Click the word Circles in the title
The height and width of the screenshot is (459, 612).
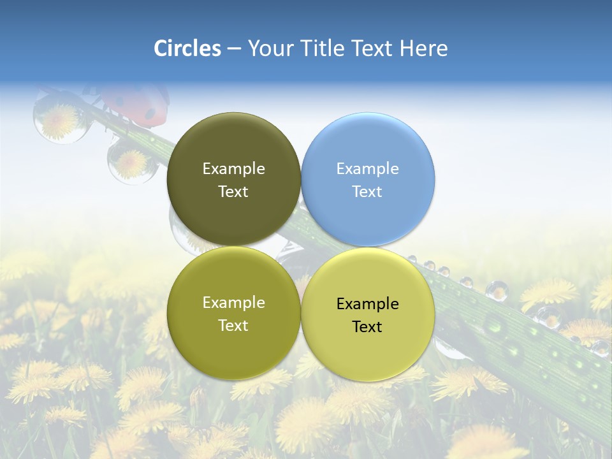pos(187,48)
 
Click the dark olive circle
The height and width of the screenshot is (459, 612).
pos(233,179)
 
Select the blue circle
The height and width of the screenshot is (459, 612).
pos(368,179)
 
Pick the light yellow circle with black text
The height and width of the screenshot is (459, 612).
pos(368,314)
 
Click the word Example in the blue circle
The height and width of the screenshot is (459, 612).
pos(368,168)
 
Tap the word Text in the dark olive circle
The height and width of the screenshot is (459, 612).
pos(233,191)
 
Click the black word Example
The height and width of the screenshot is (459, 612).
pos(368,303)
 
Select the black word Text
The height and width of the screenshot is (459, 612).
pos(368,326)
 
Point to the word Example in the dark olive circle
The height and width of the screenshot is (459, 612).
pos(233,168)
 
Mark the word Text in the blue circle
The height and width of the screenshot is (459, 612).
pos(368,191)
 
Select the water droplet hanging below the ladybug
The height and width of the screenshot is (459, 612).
pos(131,162)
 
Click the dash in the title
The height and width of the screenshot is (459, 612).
pos(234,48)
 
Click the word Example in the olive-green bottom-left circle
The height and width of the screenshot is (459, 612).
pos(233,302)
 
